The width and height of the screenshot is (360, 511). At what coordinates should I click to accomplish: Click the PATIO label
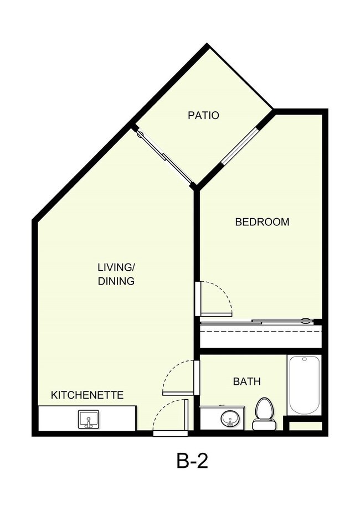coord(203,116)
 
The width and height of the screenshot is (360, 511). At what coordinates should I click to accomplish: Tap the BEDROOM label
coord(262,222)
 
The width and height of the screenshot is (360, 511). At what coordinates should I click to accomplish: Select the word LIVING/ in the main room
coord(116,267)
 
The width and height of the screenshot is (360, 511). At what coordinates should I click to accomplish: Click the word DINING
coord(116,281)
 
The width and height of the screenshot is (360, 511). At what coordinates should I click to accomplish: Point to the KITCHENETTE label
coord(87,395)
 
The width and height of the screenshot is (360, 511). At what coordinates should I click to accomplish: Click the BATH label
coord(246,381)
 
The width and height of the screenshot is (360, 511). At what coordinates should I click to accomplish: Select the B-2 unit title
coord(192,461)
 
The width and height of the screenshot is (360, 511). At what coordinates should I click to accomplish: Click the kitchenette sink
coord(89,419)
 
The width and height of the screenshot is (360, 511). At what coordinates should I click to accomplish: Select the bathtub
coord(304,385)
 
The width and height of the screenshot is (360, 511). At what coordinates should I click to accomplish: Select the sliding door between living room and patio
coord(164,156)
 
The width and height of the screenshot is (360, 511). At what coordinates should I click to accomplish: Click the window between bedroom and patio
coord(240,146)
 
